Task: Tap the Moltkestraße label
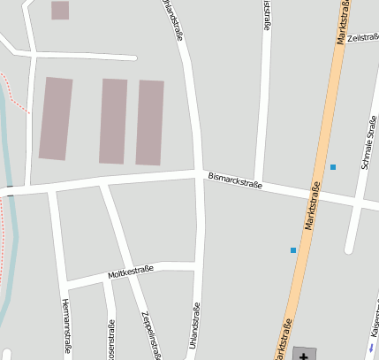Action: [x=131, y=271]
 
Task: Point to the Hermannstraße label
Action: [x=66, y=327]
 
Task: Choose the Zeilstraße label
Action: [x=363, y=38]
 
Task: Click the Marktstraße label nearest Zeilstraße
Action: [x=342, y=21]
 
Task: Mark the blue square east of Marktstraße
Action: [x=333, y=167]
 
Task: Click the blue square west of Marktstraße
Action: [x=293, y=250]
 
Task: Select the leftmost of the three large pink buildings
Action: [x=56, y=119]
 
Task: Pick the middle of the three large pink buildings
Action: [x=113, y=121]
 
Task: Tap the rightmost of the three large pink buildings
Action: [x=150, y=122]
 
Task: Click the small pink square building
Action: [x=60, y=10]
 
